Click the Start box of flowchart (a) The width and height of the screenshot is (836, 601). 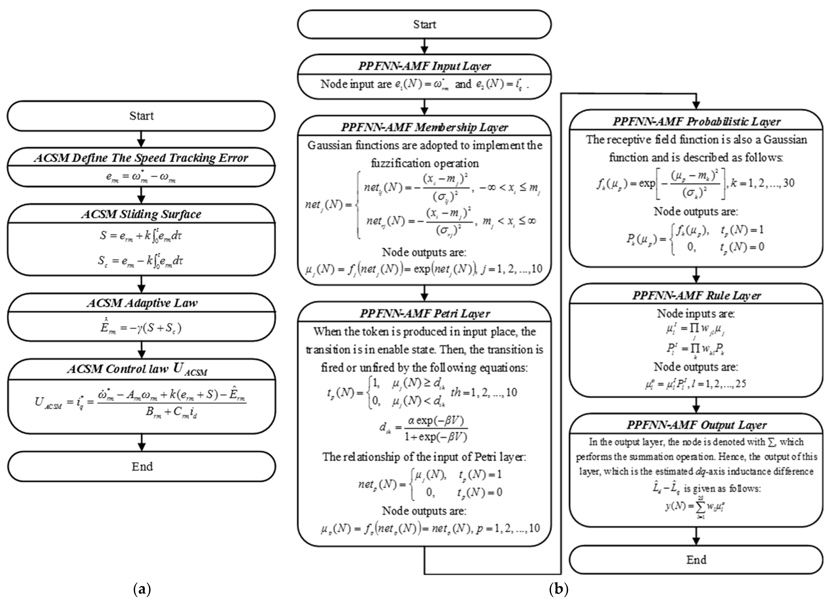click(x=141, y=116)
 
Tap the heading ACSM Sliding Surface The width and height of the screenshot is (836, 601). click(x=141, y=214)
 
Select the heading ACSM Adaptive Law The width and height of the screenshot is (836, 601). click(x=142, y=303)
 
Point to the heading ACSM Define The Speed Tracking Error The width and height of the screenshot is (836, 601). click(x=141, y=158)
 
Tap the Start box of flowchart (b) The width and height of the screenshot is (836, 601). click(x=424, y=24)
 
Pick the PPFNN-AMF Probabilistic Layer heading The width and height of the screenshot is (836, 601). click(x=696, y=122)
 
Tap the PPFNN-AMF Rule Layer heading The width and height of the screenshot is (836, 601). click(x=696, y=295)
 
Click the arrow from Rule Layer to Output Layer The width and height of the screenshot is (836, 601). click(x=696, y=405)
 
